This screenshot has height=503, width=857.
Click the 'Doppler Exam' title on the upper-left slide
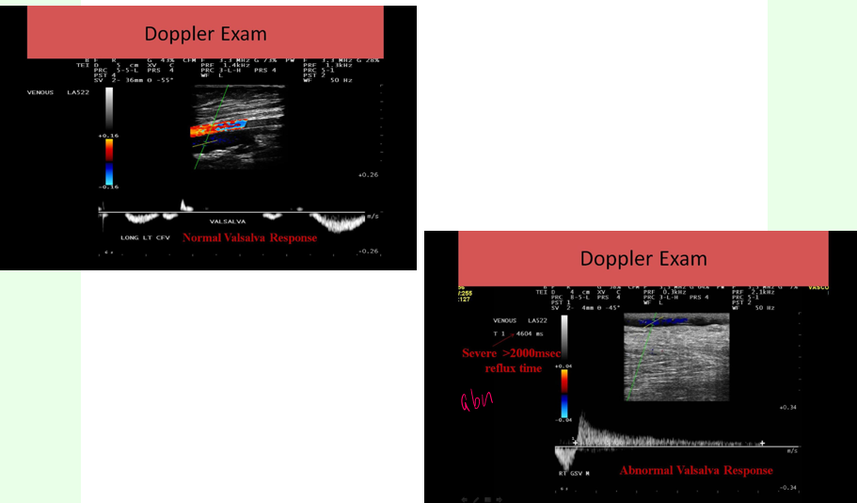point(205,34)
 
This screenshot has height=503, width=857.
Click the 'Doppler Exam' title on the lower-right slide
point(643,258)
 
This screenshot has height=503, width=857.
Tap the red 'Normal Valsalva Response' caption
point(249,238)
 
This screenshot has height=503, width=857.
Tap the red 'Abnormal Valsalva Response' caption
point(695,470)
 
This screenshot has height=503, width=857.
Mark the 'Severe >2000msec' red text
point(511,353)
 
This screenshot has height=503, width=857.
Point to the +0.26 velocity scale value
point(368,175)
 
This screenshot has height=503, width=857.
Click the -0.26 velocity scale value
point(368,251)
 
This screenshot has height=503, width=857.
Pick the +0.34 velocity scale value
point(788,407)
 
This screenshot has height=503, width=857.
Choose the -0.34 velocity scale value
point(788,487)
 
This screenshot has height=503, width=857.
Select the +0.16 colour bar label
point(109,136)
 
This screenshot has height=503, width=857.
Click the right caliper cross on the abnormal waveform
point(762,442)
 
